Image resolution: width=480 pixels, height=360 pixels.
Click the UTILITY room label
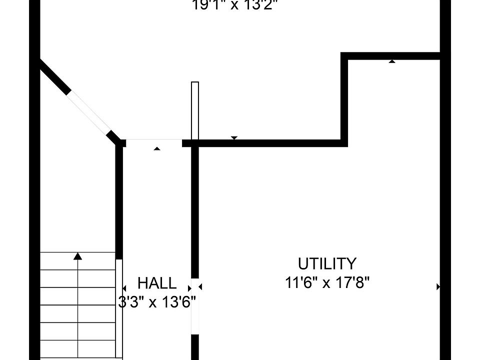(327, 263)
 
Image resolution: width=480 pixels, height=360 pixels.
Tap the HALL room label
(157, 283)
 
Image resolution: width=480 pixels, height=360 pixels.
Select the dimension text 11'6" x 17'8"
(327, 283)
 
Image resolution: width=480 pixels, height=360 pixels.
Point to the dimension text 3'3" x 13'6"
(157, 302)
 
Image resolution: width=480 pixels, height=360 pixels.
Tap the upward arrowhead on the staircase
(77, 256)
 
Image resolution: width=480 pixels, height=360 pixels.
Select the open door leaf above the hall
(195, 110)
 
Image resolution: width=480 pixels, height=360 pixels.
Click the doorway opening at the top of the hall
(154, 142)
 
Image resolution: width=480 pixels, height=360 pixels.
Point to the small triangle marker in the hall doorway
(157, 148)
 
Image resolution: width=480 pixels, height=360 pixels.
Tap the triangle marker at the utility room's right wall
(438, 286)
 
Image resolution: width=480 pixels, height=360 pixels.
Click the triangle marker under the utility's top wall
(392, 61)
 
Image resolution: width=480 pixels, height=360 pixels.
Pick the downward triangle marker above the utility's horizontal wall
(233, 137)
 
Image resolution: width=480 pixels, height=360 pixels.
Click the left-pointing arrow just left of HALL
(124, 287)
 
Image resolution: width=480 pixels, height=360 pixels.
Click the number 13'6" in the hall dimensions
(176, 302)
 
